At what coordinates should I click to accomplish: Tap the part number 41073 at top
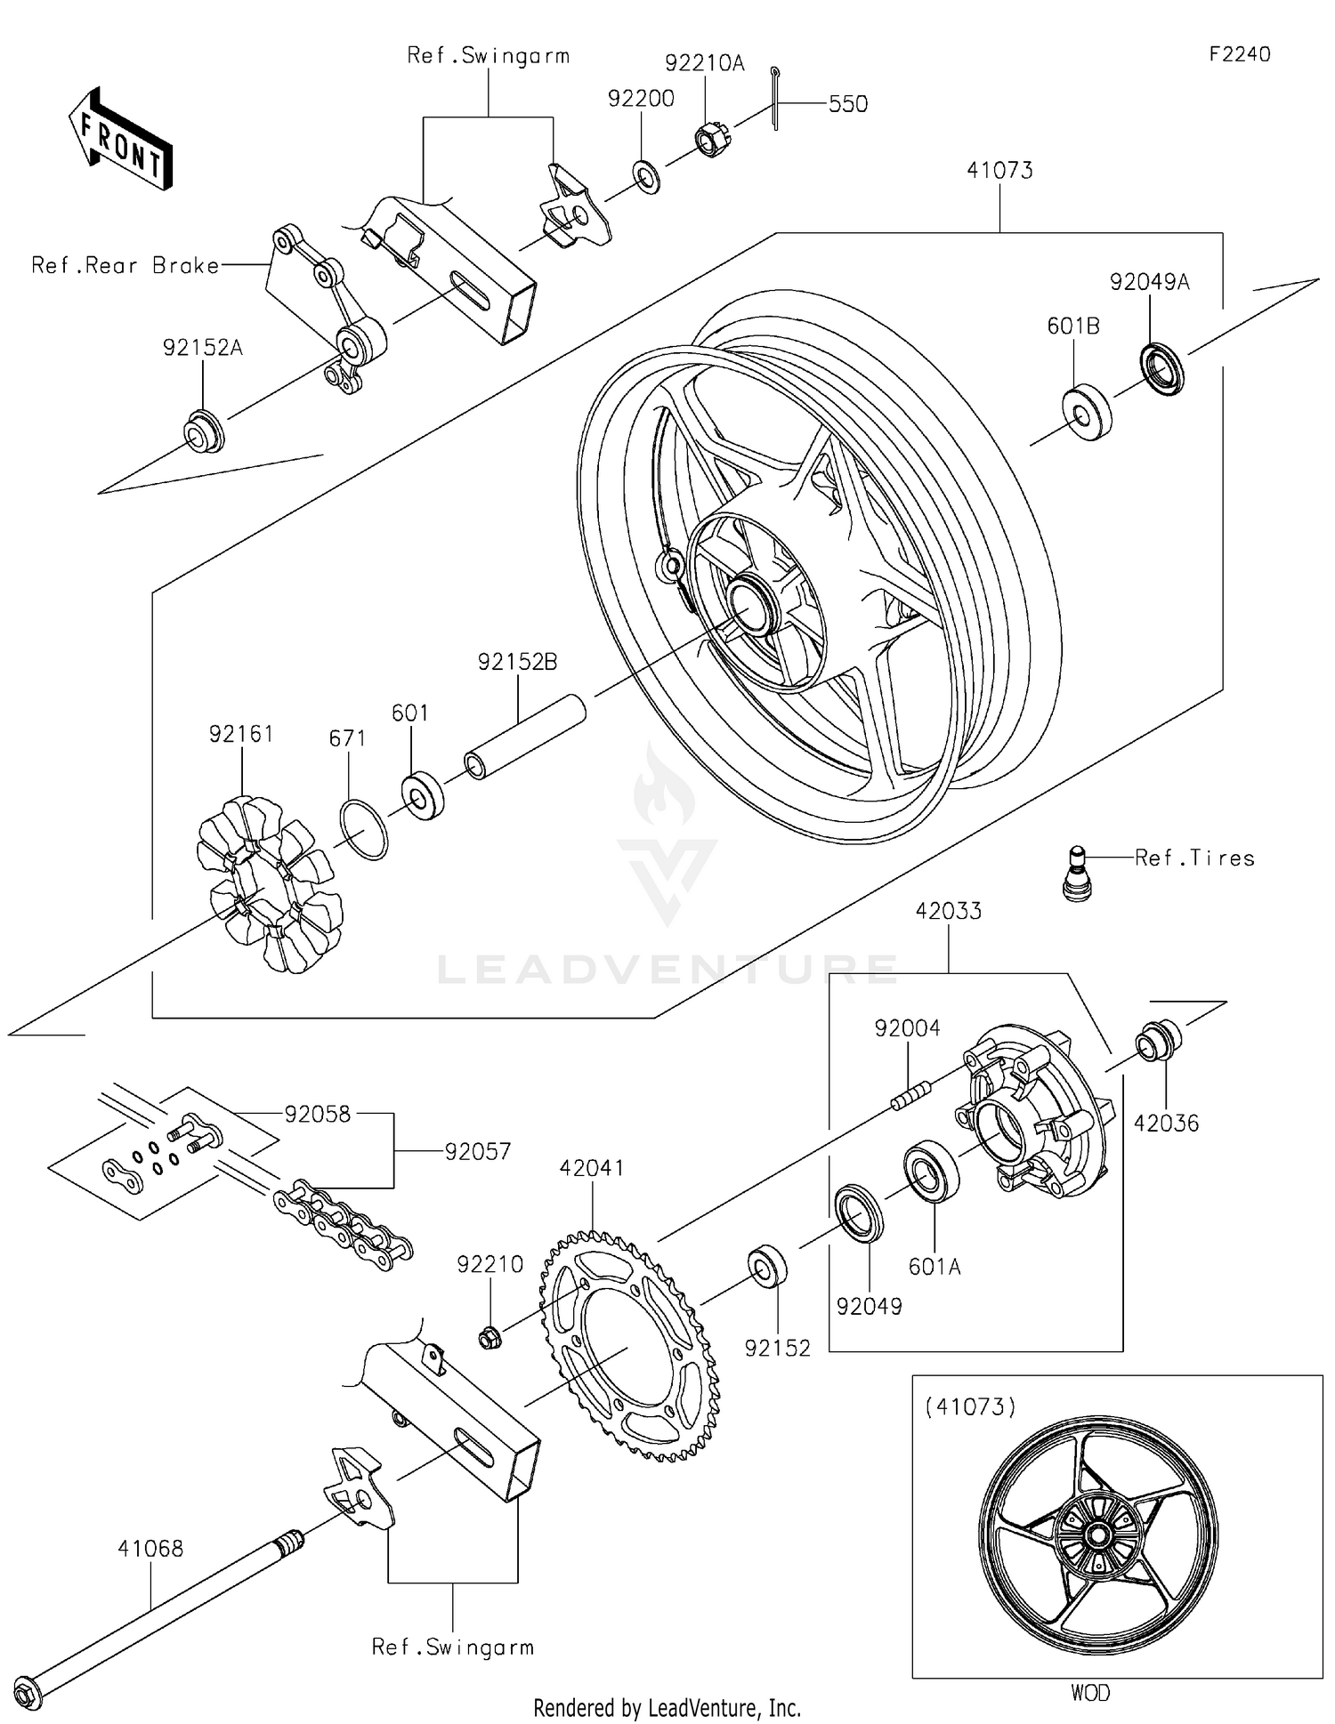pyautogui.click(x=999, y=170)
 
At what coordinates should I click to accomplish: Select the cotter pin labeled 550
pyautogui.click(x=775, y=99)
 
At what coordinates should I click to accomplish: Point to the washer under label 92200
pyautogui.click(x=646, y=176)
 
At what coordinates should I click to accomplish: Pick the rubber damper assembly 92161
pyautogui.click(x=269, y=883)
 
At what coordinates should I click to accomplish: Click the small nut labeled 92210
pyautogui.click(x=489, y=1336)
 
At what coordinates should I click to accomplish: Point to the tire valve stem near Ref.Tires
pyautogui.click(x=1078, y=874)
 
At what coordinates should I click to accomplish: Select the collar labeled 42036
pyautogui.click(x=1158, y=1041)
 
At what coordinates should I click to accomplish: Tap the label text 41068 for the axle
pyautogui.click(x=150, y=1549)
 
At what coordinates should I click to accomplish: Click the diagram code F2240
pyautogui.click(x=1239, y=54)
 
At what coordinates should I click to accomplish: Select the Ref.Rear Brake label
pyautogui.click(x=125, y=265)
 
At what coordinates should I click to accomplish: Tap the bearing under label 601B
pyautogui.click(x=1087, y=414)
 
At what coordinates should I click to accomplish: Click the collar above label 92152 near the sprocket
pyautogui.click(x=767, y=1267)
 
